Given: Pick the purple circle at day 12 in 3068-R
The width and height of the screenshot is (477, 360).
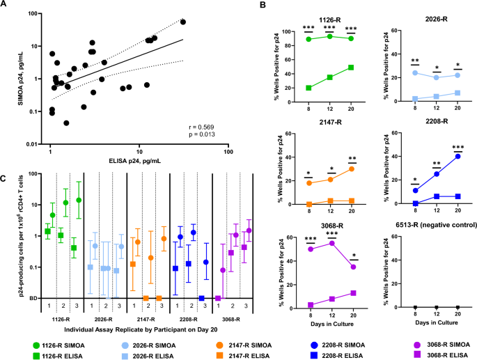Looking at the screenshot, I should pos(329,243).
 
